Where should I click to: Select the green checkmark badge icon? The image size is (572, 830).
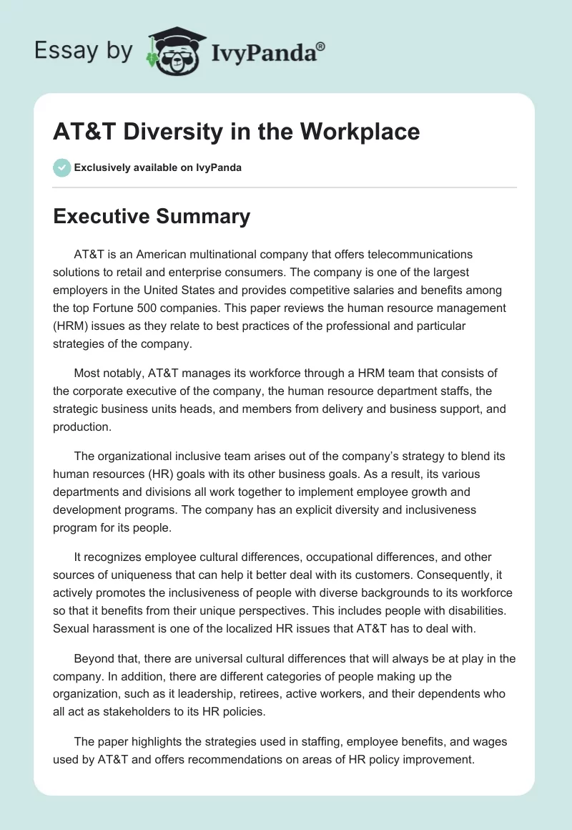(x=61, y=167)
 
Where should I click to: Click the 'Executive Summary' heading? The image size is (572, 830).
(x=152, y=217)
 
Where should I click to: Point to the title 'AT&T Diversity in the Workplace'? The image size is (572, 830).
(x=236, y=132)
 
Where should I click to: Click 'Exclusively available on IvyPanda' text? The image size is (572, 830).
(x=157, y=167)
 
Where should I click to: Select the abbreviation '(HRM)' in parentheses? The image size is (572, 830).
(x=74, y=326)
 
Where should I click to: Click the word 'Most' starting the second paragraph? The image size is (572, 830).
(x=87, y=373)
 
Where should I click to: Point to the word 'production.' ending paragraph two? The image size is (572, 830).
(x=80, y=426)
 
